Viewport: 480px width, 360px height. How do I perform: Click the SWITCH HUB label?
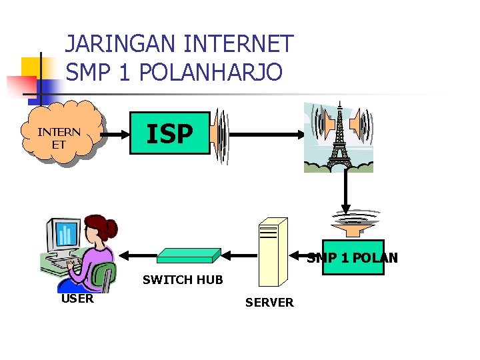[x=183, y=280]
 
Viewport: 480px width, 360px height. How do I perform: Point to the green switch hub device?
[x=189, y=255]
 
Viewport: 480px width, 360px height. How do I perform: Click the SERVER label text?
[x=269, y=303]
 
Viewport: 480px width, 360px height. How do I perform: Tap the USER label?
[x=77, y=299]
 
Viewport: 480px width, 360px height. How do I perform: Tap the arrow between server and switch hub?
[x=240, y=255]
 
